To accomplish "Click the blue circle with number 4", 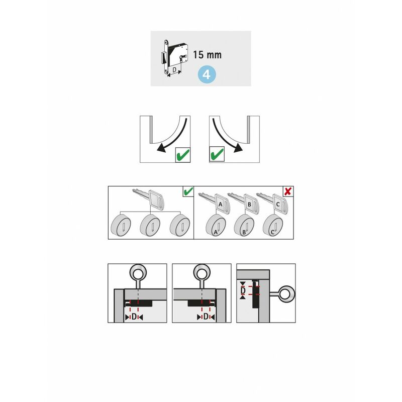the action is pyautogui.click(x=207, y=74).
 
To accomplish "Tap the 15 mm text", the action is pyautogui.click(x=207, y=55).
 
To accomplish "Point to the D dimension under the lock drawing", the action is pyautogui.click(x=174, y=69).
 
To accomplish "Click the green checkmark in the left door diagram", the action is pyautogui.click(x=183, y=155).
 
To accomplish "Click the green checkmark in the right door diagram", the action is pyautogui.click(x=217, y=154).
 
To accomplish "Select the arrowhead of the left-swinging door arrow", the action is pyautogui.click(x=161, y=148).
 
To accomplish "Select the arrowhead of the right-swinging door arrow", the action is pyautogui.click(x=238, y=148).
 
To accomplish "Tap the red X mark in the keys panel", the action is pyautogui.click(x=288, y=191).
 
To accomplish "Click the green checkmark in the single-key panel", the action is pyautogui.click(x=188, y=191).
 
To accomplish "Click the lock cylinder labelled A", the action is pyautogui.click(x=216, y=225).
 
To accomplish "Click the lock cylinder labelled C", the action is pyautogui.click(x=273, y=225).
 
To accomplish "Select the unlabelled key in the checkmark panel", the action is pyautogui.click(x=149, y=199).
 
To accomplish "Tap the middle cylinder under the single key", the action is pyautogui.click(x=150, y=225).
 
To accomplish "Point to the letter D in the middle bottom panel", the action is pyautogui.click(x=206, y=317).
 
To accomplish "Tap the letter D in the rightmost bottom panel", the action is pyautogui.click(x=243, y=290).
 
